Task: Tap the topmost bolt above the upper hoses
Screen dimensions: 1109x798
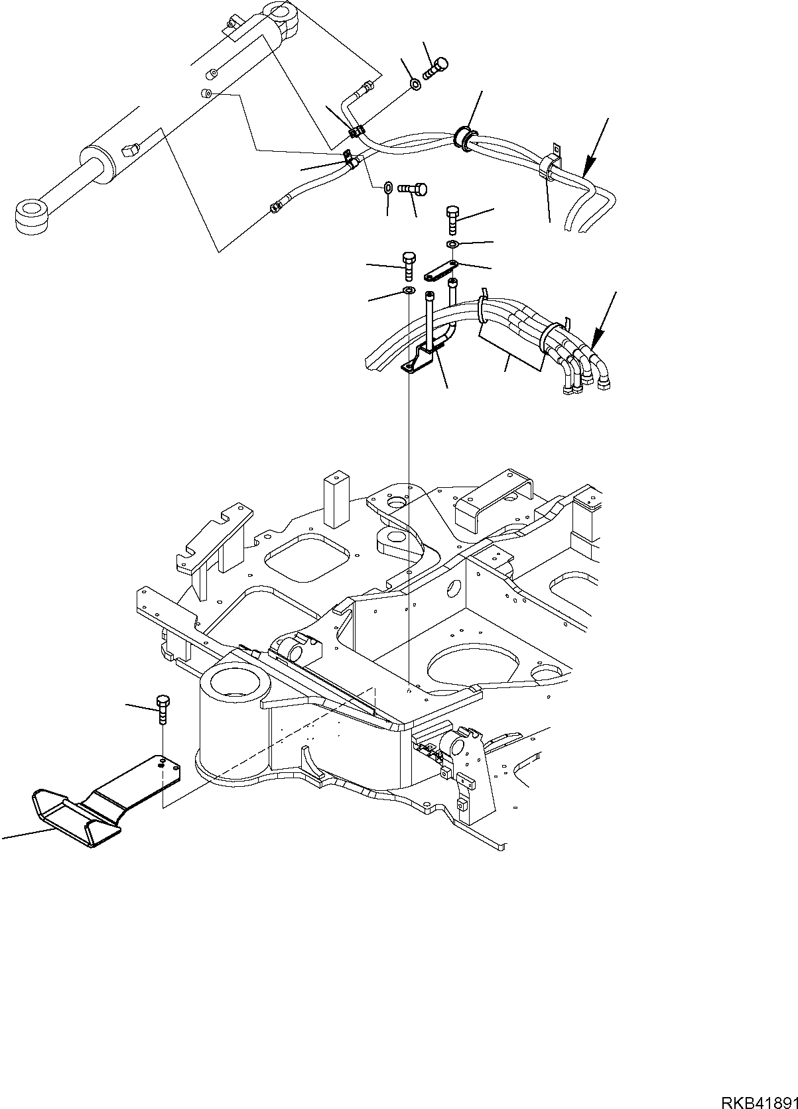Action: point(438,66)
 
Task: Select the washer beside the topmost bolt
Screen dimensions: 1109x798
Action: point(415,84)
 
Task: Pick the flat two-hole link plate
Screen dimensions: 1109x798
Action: point(440,271)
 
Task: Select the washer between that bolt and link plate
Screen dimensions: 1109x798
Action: point(452,246)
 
